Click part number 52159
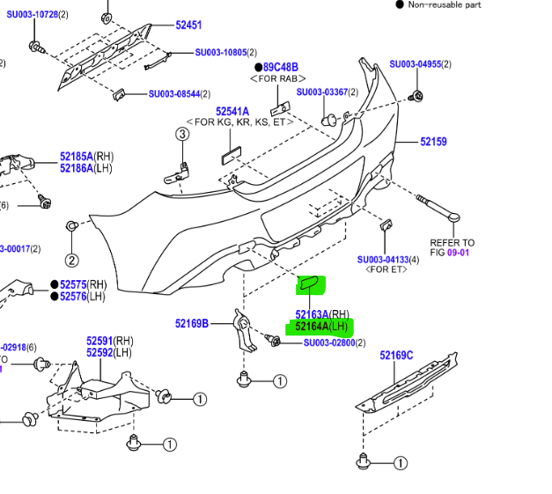(x=433, y=142)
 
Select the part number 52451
(x=188, y=26)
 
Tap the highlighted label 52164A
(x=312, y=327)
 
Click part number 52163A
(x=312, y=314)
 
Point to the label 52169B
(x=192, y=323)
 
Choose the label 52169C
(x=396, y=356)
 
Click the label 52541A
(x=232, y=111)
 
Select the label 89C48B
(x=281, y=67)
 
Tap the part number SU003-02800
(x=328, y=343)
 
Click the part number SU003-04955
(x=415, y=64)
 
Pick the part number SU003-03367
(x=322, y=92)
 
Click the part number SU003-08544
(x=174, y=94)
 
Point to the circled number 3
(x=181, y=134)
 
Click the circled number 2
(x=71, y=261)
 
